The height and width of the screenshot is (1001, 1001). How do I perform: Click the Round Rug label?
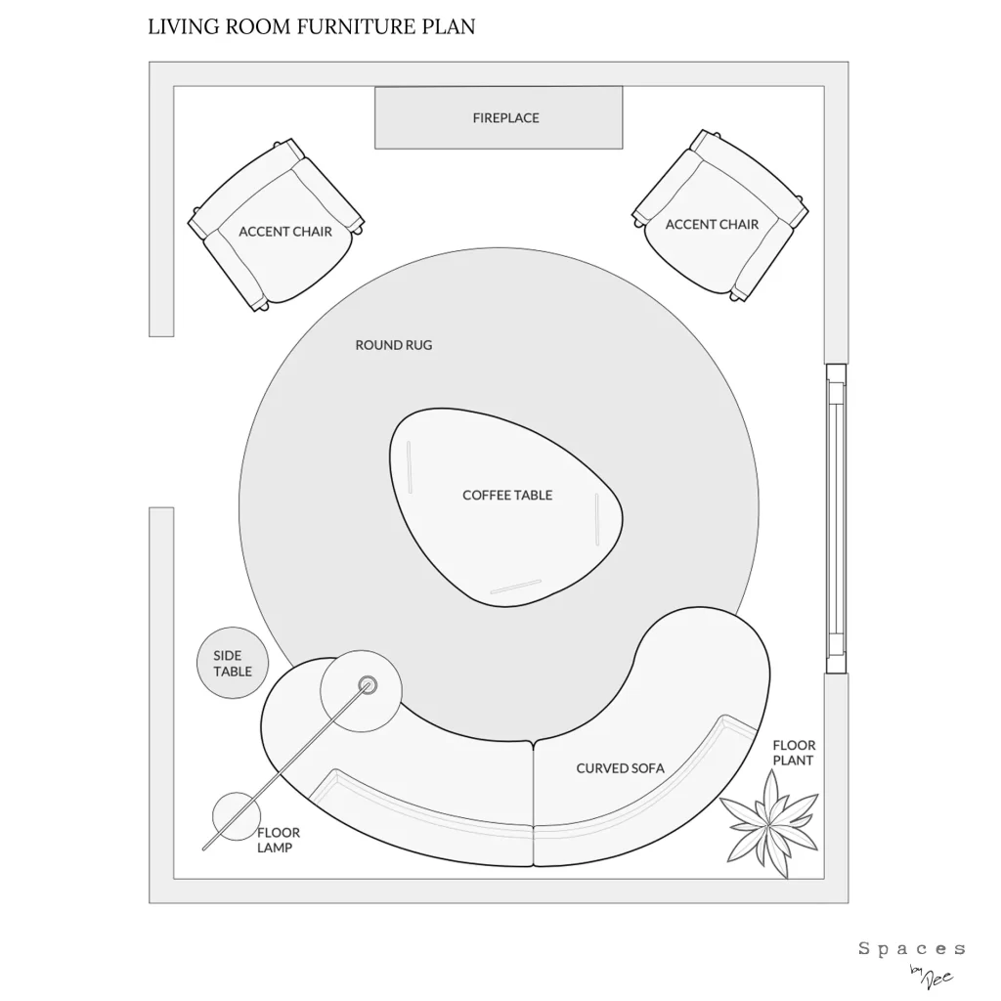[x=393, y=345]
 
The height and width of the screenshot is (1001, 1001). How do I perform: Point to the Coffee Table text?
[x=507, y=495]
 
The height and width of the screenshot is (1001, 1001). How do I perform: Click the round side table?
[x=233, y=663]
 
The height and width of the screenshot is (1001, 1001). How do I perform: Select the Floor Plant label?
[x=794, y=753]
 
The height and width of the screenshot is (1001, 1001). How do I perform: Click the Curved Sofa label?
[x=620, y=768]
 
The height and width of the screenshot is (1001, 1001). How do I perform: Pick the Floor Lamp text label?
[x=279, y=840]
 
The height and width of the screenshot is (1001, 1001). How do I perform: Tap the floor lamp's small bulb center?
[x=368, y=684]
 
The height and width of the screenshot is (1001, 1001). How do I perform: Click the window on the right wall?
[x=835, y=518]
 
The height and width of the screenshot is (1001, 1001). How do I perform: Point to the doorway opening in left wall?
[x=161, y=422]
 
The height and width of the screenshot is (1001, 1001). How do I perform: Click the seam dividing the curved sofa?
[x=534, y=802]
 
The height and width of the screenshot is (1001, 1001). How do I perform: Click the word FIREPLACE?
[x=505, y=118]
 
